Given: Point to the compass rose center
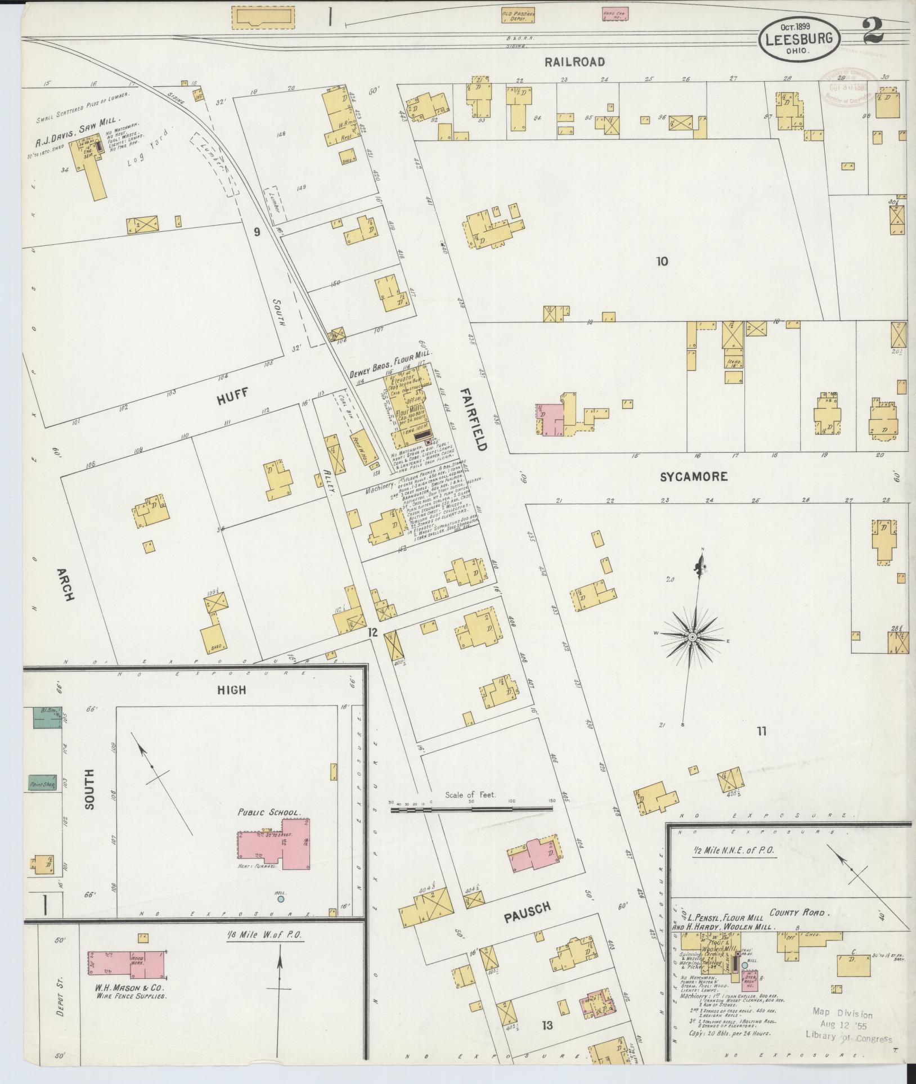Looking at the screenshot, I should click(692, 637).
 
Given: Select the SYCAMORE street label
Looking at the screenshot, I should click(694, 477).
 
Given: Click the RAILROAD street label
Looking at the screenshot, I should click(574, 62).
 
